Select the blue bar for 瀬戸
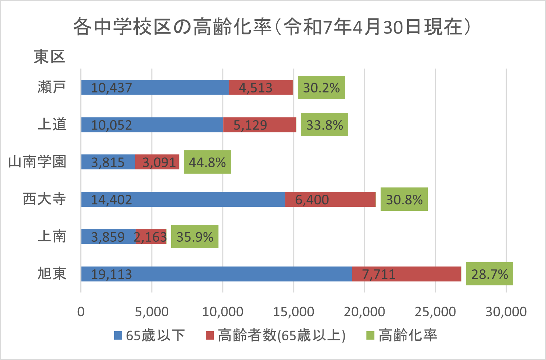155,87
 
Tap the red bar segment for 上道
259,125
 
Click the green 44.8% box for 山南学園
207,162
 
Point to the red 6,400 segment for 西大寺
330,199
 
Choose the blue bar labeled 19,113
216,274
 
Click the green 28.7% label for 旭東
489,274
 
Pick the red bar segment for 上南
151,237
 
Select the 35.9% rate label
194,237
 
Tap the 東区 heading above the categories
49,57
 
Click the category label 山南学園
37,162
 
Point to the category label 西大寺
44,199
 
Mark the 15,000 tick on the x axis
293,312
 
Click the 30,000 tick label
506,312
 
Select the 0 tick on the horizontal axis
81,312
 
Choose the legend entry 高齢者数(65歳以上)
276,335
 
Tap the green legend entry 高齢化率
402,335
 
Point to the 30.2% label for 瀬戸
321,87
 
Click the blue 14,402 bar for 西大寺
183,199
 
